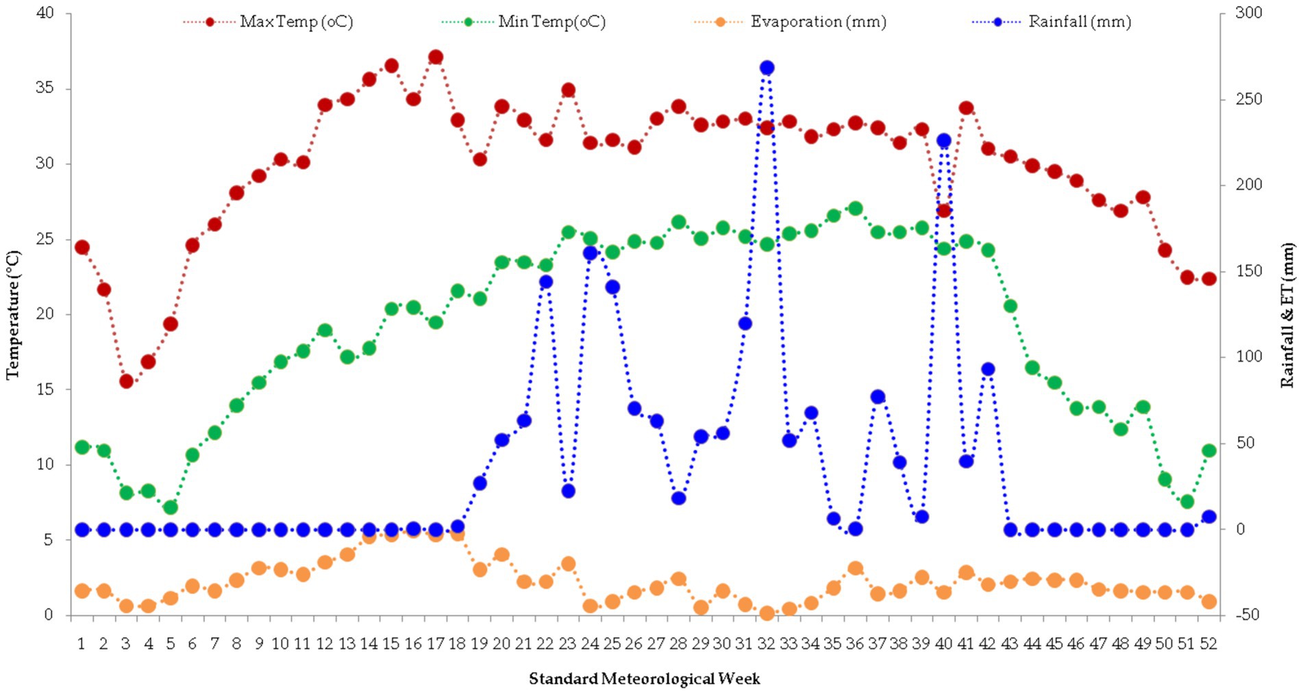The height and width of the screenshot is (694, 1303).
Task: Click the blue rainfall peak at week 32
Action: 767,68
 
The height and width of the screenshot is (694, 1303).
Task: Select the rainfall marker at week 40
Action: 943,141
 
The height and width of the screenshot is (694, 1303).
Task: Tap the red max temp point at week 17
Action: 436,57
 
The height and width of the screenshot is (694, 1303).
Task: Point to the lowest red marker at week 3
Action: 126,381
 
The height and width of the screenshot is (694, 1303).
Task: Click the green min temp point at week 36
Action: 855,209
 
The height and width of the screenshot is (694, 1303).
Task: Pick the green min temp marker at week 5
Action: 171,508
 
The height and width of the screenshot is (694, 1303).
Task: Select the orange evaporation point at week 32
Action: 767,613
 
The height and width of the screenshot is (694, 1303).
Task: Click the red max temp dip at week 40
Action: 943,211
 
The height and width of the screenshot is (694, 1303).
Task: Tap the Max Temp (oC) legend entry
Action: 296,22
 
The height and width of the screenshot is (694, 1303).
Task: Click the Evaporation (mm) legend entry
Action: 818,22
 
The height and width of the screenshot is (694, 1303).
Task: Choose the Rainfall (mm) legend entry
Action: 1079,22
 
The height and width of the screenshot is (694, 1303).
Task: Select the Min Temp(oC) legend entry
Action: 551,22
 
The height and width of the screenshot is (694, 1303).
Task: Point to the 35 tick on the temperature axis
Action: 45,88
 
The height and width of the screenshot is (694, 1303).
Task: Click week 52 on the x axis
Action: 1208,644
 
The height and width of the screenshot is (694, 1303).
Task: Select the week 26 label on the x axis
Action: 634,644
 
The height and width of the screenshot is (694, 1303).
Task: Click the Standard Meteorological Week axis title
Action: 644,679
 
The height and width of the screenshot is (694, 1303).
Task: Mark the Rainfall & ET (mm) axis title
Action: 1287,315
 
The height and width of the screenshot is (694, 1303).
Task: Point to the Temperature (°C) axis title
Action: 14,315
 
